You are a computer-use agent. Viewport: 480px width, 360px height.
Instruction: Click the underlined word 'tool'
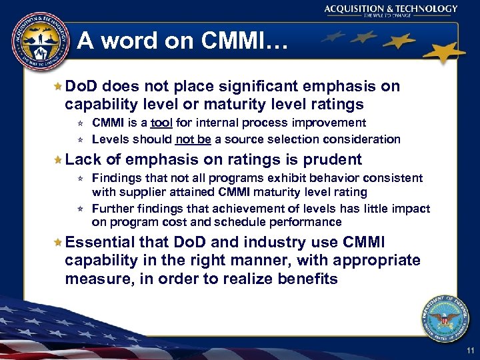[x=161, y=123]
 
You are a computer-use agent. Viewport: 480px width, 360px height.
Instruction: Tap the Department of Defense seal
[x=445, y=319]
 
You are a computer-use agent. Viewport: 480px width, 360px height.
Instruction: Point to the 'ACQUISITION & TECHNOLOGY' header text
[x=391, y=9]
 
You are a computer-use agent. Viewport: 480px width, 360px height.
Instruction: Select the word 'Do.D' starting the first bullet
[x=82, y=86]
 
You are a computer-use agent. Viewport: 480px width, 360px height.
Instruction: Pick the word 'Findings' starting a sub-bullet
[x=113, y=178]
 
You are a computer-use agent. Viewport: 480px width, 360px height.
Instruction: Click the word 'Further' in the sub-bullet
[x=111, y=209]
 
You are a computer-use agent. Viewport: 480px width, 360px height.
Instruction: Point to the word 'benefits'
[x=305, y=279]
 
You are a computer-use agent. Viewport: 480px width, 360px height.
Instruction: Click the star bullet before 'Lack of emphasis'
[x=58, y=160]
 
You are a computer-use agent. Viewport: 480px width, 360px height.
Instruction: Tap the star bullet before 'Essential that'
[x=58, y=243]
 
